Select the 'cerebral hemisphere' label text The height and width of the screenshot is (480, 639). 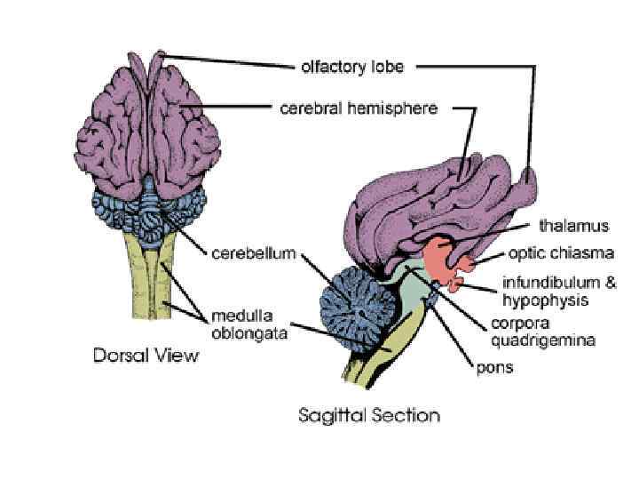click(359, 109)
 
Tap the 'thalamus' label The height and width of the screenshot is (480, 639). click(574, 227)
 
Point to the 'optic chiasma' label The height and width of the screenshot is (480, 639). click(560, 253)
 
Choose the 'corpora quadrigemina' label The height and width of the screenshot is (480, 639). click(542, 332)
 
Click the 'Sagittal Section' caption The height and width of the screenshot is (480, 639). click(369, 414)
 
